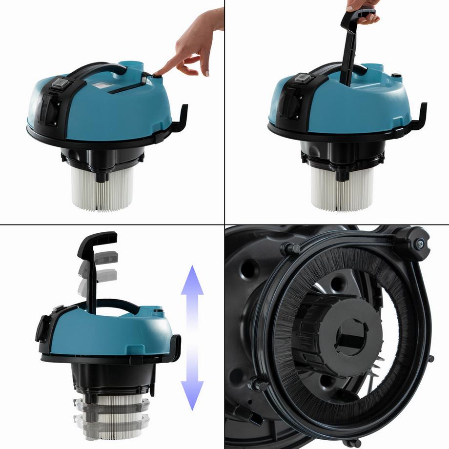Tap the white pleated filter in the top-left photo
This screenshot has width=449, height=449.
[102, 188]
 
